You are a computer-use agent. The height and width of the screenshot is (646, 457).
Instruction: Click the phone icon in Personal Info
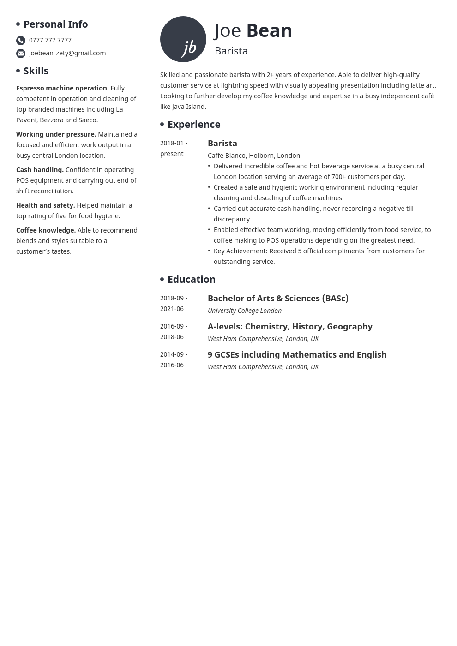tap(21, 41)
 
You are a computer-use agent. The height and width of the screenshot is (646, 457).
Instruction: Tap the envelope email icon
tap(21, 54)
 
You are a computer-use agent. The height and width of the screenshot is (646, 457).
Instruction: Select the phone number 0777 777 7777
tap(50, 40)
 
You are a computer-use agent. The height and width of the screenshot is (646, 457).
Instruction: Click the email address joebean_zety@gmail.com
tap(67, 53)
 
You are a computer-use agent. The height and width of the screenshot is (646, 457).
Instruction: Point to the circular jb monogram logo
tap(183, 39)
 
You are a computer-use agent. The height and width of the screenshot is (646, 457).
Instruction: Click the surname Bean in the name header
tap(269, 30)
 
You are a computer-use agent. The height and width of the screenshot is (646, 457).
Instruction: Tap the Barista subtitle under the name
tap(231, 51)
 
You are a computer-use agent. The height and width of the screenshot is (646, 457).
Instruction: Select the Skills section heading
tap(36, 71)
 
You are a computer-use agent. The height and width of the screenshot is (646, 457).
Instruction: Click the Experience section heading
tap(194, 124)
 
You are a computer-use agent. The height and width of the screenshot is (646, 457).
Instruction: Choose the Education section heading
tap(192, 279)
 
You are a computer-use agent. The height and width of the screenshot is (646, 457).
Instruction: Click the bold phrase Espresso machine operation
tap(62, 88)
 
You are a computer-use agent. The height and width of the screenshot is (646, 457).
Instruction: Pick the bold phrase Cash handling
tap(40, 170)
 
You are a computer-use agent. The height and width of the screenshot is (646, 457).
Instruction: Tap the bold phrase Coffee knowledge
tap(46, 230)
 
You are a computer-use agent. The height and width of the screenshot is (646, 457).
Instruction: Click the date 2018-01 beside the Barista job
tap(172, 143)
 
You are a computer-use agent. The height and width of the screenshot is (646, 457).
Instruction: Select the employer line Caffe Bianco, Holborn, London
tap(254, 156)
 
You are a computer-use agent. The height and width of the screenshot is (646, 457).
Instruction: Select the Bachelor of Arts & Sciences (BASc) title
tap(278, 299)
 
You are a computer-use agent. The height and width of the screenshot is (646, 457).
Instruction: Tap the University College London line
tap(245, 311)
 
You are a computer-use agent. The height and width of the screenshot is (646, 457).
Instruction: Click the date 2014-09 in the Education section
tap(172, 354)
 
